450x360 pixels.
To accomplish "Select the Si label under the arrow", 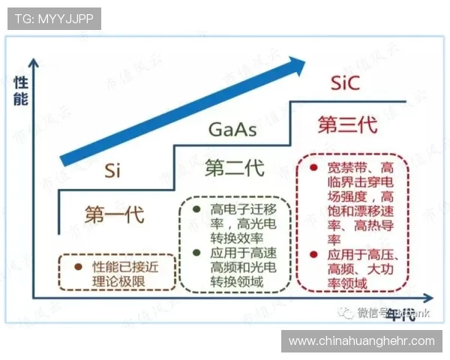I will click(x=113, y=170).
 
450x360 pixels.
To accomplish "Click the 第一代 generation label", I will click(x=113, y=214).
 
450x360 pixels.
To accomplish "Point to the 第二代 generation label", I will click(x=234, y=168).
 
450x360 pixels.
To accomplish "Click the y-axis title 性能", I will click(x=20, y=90).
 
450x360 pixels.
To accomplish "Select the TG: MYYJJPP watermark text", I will click(x=54, y=19).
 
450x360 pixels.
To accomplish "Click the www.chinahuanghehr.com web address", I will click(x=361, y=340).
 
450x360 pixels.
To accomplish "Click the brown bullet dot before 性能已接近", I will click(x=77, y=265).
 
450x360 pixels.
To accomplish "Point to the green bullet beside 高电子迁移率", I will click(x=196, y=208).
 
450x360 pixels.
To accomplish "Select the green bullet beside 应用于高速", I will click(x=196, y=252).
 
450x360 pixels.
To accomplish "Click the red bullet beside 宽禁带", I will click(x=313, y=166).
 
